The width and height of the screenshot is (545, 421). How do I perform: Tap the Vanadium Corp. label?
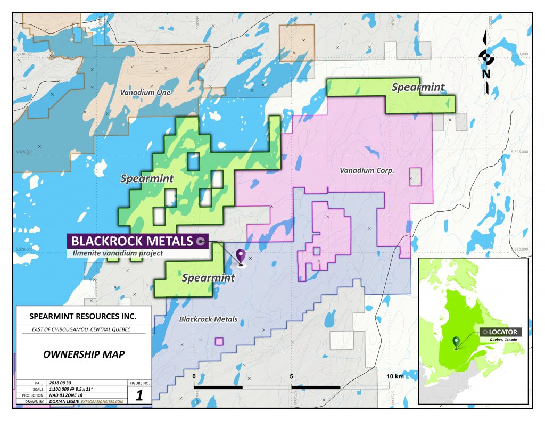pos(366,171)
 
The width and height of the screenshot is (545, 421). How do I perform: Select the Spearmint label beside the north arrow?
pos(418,88)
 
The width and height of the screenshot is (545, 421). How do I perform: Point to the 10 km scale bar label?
pos(397,377)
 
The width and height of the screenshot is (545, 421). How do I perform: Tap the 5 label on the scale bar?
pos(292,377)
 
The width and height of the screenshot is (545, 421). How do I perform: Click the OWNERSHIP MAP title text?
pos(83,354)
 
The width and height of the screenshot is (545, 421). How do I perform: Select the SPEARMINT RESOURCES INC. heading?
pos(83,317)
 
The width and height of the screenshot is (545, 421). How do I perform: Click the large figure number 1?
pos(140,395)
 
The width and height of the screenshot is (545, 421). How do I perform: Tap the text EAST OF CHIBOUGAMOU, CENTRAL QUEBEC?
pos(83,330)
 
